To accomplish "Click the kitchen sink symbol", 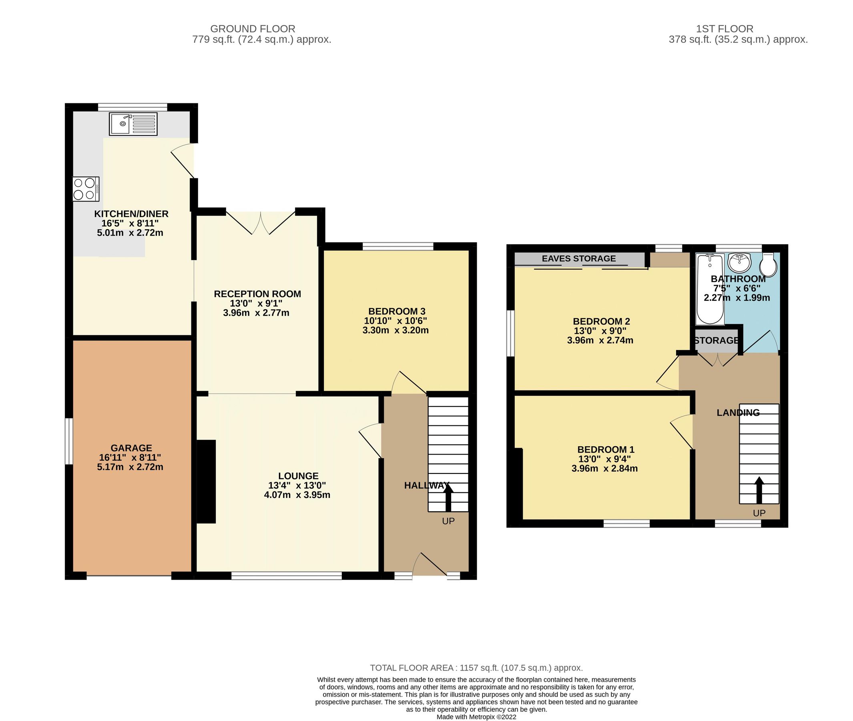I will pos(133,124).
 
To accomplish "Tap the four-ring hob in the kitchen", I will pos(86,189).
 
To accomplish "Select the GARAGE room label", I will pos(131,448).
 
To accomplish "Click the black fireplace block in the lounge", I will pos(206,481).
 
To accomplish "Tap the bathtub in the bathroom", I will pos(710,288).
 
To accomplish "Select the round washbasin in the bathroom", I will pos(739,262).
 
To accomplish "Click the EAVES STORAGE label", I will pos(578,259).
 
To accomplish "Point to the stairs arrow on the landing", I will pos(759,489).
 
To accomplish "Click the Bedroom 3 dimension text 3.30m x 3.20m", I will pos(395,330).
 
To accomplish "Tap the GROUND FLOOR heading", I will pos(253,29).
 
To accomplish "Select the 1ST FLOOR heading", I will pos(725,29).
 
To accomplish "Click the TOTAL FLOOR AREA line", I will pos(476,668).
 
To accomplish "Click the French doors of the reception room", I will pos(261,223).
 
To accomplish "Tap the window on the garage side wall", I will pos(69,441).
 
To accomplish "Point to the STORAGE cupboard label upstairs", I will pos(716,340).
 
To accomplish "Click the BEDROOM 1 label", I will pos(606,449).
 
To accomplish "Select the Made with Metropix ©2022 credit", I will pos(476,717).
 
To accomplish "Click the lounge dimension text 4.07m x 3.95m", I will pos(297,495).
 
